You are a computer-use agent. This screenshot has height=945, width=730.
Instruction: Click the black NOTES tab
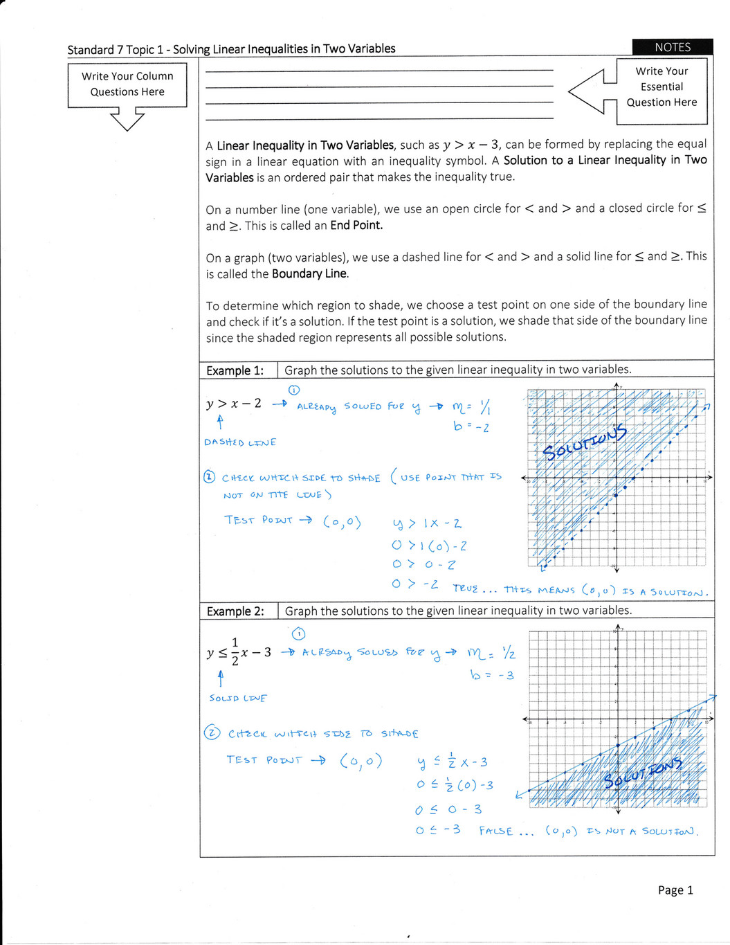tap(672, 47)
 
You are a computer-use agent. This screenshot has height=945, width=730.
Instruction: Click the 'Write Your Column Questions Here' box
tap(127, 84)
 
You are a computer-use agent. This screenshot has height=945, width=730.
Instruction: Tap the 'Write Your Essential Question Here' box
tap(661, 87)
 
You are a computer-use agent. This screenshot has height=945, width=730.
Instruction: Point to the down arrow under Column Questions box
tap(127, 119)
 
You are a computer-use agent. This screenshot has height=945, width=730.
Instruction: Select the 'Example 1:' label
tap(235, 370)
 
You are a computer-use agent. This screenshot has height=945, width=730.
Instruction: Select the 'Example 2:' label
tap(235, 611)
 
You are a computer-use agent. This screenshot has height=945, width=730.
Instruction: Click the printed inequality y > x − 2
tap(234, 404)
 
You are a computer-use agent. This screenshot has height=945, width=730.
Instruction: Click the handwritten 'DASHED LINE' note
tap(240, 442)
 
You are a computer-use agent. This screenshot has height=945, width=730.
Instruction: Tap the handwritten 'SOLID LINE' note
tap(238, 699)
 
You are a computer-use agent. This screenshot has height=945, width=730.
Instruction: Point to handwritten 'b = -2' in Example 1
tap(471, 426)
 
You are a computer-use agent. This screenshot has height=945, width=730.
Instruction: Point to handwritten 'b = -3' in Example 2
tap(492, 675)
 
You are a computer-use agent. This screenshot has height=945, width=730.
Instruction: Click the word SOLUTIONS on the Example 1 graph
tap(584, 442)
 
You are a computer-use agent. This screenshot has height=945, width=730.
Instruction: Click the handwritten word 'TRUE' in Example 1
tap(466, 588)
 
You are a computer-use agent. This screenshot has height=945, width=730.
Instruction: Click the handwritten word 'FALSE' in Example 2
tap(496, 831)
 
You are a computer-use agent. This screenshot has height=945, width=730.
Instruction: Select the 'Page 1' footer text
tap(675, 890)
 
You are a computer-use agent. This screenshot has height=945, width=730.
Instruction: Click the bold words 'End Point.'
tap(356, 226)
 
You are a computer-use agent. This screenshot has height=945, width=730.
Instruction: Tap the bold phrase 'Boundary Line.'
tap(310, 274)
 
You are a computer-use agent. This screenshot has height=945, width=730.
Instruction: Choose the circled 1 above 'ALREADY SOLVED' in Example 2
tap(298, 633)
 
